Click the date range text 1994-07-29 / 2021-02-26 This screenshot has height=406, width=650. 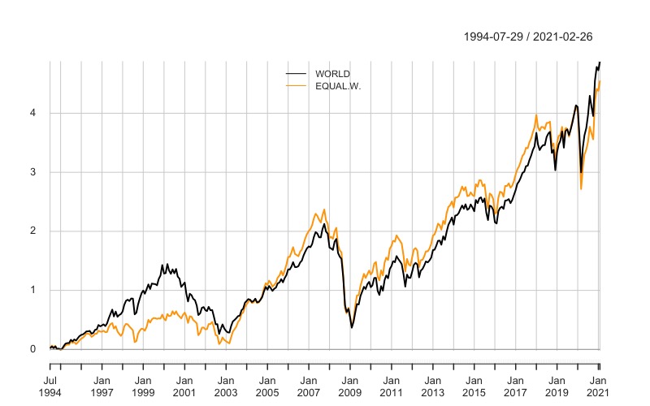(x=528, y=37)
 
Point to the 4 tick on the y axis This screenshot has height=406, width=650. (x=33, y=113)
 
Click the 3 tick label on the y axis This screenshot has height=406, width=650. (x=33, y=172)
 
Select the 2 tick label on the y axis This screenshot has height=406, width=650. (x=33, y=231)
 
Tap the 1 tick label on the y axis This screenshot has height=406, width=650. (x=33, y=291)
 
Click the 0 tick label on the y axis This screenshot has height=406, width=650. (x=33, y=349)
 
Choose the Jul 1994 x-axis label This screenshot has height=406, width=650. (x=50, y=386)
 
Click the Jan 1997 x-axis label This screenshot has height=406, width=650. (x=102, y=386)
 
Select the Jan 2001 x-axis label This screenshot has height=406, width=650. (x=184, y=386)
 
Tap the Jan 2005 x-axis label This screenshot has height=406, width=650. (x=267, y=386)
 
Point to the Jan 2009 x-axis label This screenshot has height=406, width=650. (x=350, y=386)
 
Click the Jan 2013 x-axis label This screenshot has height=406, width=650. (x=433, y=386)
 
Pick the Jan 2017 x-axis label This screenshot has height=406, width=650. (x=516, y=386)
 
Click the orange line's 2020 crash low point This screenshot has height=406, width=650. (x=581, y=188)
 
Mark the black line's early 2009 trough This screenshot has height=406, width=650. (x=352, y=327)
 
